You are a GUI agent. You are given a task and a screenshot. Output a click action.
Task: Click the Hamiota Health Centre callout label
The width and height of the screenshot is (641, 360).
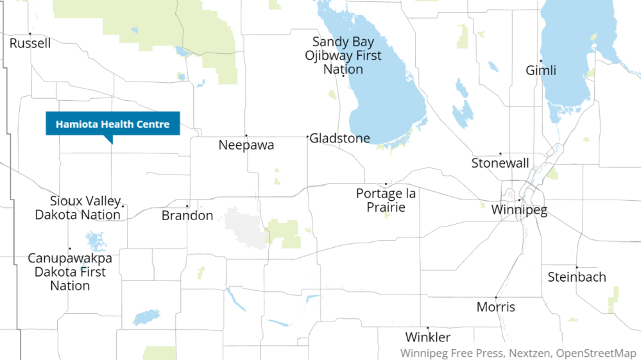point(112,124)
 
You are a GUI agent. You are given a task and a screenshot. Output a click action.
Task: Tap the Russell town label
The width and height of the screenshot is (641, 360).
point(30,44)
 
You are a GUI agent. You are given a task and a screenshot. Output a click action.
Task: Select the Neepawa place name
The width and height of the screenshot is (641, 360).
point(246,145)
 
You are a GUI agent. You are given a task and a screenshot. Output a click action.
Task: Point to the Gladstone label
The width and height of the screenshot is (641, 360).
point(340,138)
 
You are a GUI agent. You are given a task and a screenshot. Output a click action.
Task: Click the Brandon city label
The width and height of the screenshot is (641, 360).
point(187,216)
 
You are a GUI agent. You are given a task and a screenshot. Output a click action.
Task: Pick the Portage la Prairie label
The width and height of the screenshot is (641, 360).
point(386,200)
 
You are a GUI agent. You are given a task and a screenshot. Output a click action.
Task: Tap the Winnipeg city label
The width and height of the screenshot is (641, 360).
point(519,210)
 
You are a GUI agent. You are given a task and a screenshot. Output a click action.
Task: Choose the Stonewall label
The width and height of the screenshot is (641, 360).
point(500,163)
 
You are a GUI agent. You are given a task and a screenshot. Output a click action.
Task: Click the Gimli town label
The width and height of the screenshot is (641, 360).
point(541,71)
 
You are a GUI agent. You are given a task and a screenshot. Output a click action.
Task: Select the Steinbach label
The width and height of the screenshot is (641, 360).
point(577,277)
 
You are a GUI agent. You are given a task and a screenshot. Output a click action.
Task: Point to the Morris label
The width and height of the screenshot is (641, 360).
point(495,307)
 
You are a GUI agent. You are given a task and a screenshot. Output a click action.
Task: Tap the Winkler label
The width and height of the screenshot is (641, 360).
point(428,338)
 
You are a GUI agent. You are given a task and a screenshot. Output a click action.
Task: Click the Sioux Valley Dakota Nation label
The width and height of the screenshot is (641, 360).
point(78,208)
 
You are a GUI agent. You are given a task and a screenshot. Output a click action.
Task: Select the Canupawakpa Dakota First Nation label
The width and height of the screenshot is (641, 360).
point(70,272)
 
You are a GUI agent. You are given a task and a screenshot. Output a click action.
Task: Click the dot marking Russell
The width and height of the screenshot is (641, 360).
point(30,33)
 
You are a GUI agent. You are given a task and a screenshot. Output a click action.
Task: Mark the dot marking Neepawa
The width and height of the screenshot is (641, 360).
point(246,135)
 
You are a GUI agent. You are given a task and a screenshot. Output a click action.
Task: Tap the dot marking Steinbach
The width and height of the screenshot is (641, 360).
point(577,267)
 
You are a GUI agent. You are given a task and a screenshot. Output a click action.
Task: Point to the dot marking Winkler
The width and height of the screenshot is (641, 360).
point(428,327)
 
